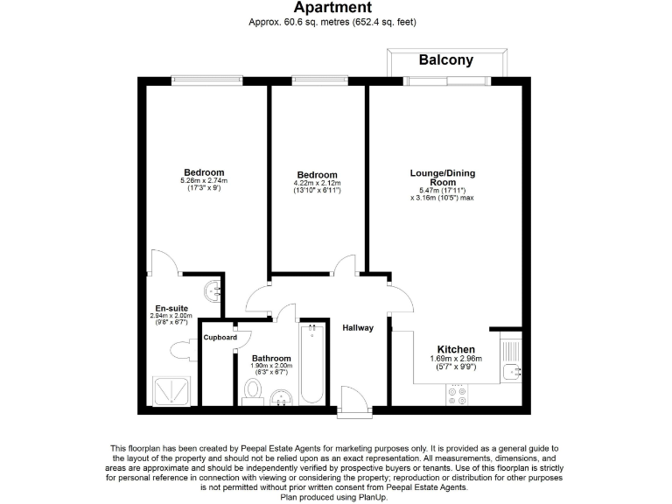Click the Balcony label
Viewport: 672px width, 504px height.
(445, 60)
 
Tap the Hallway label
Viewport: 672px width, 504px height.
(359, 328)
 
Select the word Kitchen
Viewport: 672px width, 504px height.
(456, 349)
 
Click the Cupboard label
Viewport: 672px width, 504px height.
(220, 337)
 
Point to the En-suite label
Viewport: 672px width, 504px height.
(171, 308)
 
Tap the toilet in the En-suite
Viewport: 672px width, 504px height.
(181, 351)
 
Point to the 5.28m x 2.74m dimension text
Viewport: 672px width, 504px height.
(204, 181)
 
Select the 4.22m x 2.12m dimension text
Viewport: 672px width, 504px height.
(316, 183)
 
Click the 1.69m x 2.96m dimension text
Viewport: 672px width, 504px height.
(456, 358)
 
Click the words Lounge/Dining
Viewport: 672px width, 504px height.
(442, 172)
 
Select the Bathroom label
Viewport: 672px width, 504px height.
(271, 358)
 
